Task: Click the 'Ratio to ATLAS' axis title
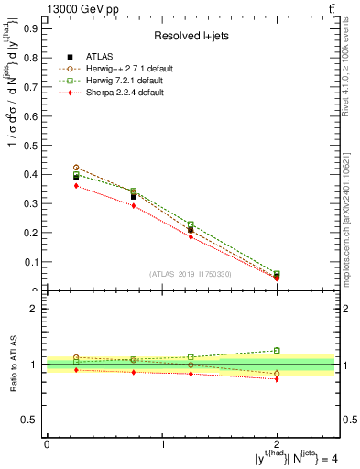point(12,365)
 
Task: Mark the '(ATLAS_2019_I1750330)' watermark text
point(190,274)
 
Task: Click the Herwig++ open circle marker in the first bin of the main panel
point(76,168)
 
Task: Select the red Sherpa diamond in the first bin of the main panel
point(76,186)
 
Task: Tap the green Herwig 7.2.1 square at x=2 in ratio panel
point(278,350)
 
